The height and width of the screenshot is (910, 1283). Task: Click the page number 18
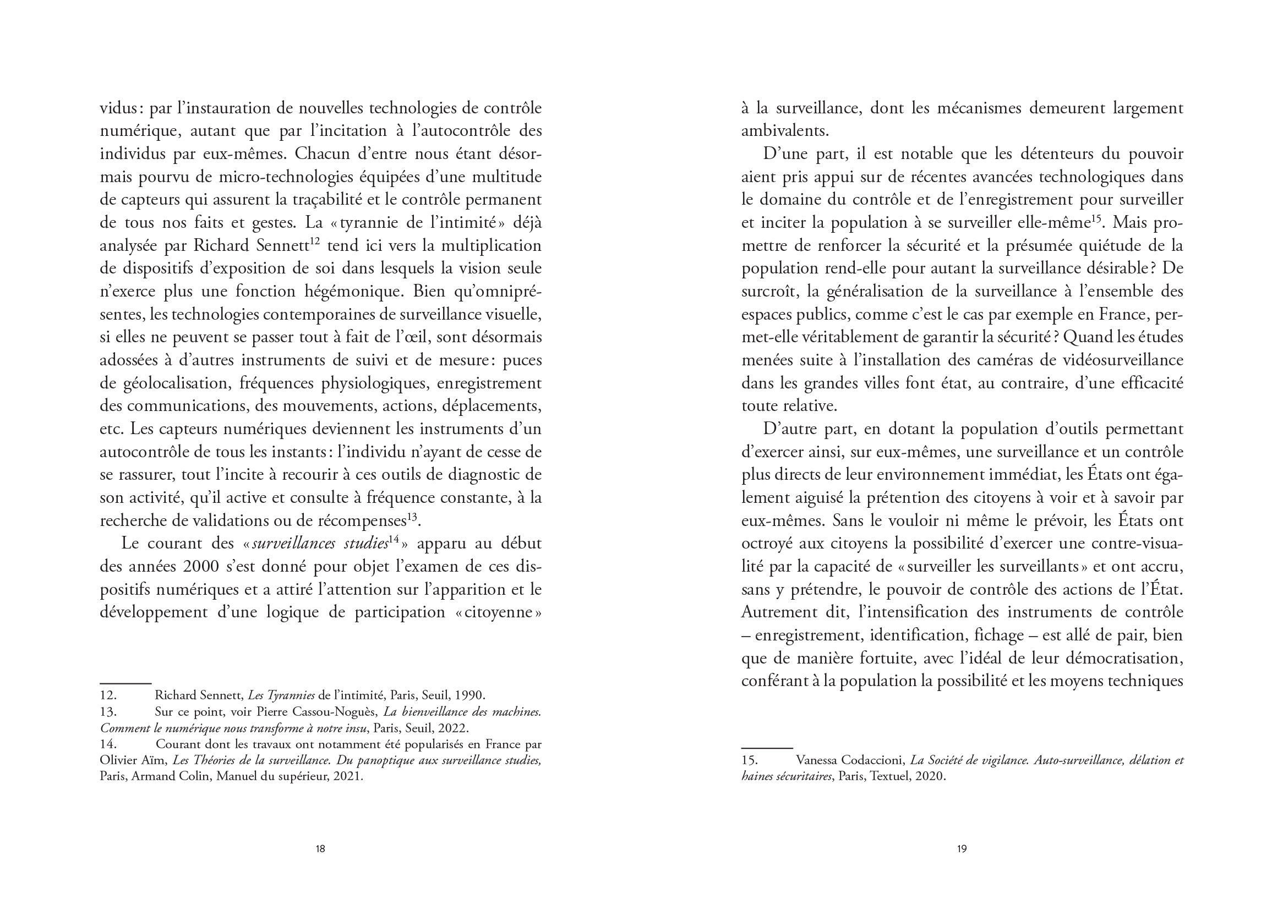[x=320, y=848]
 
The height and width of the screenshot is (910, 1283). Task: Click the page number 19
[x=962, y=848]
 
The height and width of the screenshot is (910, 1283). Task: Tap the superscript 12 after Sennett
[x=314, y=242]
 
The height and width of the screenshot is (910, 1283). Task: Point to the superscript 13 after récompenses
[x=413, y=517]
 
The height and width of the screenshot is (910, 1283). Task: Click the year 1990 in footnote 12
[x=469, y=695]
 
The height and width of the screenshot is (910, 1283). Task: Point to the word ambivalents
[x=784, y=131]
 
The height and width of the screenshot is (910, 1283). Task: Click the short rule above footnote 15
[x=766, y=748]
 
